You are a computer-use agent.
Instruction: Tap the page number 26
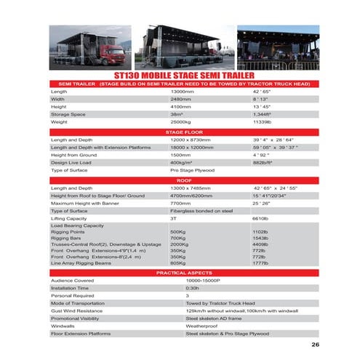[315, 345]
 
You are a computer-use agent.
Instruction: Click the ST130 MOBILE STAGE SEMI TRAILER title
[180, 73]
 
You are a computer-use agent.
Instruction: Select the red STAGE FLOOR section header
[180, 132]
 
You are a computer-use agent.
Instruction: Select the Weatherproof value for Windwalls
[202, 326]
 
